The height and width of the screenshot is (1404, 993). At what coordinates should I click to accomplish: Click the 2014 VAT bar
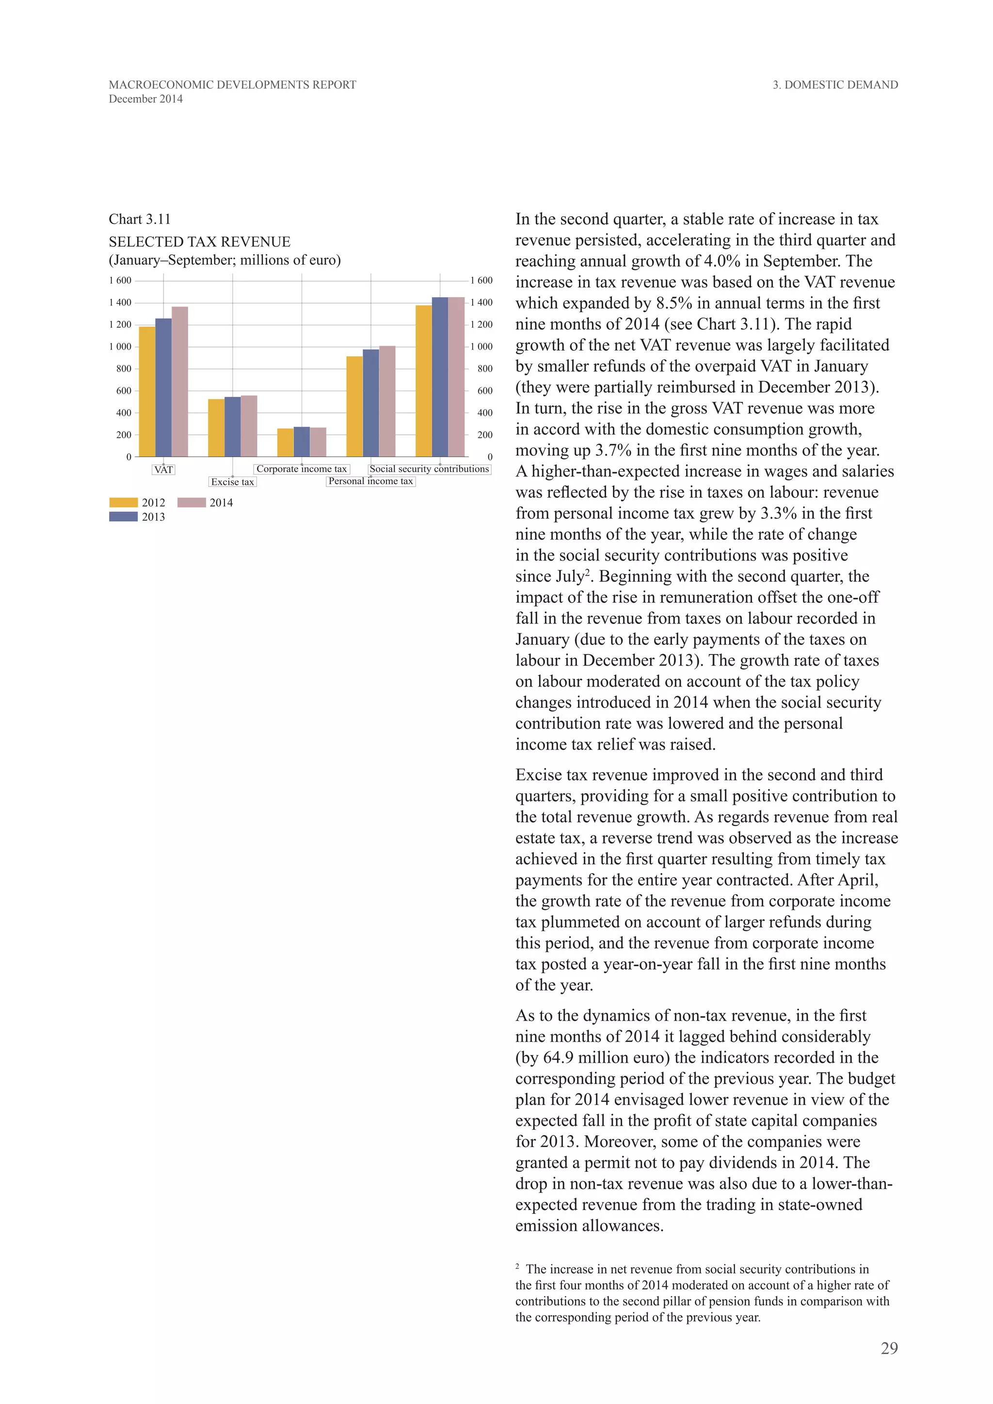point(180,382)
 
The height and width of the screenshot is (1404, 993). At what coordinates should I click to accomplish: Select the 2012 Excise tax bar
point(216,428)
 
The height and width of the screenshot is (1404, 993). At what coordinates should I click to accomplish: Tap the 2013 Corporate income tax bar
point(302,442)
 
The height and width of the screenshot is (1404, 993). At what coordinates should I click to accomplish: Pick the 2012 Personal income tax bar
point(354,406)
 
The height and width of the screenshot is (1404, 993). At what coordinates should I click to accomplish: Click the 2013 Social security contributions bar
point(440,377)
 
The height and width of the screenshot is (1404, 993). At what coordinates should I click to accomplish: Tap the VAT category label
point(163,470)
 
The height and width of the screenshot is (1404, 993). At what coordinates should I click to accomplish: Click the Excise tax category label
point(232,482)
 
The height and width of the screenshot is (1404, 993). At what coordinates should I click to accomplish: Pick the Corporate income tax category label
point(302,469)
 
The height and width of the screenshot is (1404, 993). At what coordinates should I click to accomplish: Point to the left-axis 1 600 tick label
point(120,281)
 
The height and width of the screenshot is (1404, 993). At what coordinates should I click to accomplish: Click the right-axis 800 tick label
point(484,369)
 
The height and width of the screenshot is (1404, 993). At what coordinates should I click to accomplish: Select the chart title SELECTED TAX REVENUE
point(199,241)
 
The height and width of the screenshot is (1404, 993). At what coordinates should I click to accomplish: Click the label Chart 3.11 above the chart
point(140,220)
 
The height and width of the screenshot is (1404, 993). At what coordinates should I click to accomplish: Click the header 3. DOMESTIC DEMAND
point(835,85)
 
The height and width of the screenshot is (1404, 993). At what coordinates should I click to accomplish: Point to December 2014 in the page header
point(145,99)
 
